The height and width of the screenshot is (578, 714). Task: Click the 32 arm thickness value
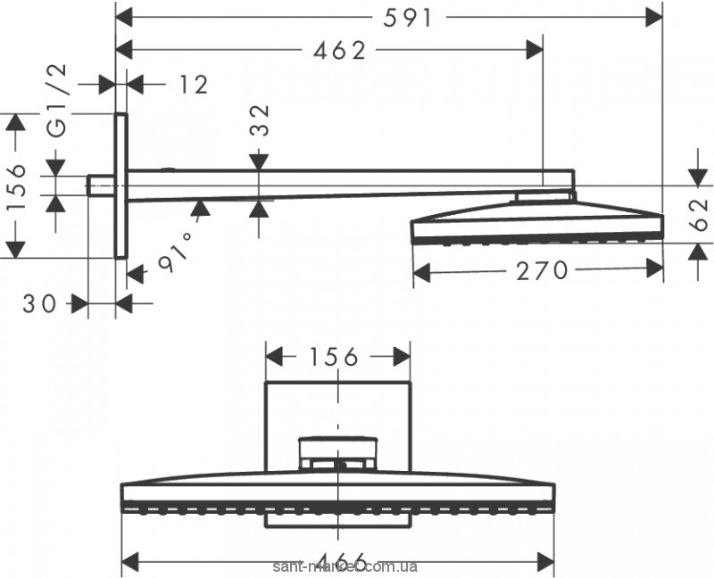point(260,118)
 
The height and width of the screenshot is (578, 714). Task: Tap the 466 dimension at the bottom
point(340,561)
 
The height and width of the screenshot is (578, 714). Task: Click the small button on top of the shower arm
point(167,168)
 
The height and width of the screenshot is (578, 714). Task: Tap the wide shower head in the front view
point(340,498)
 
